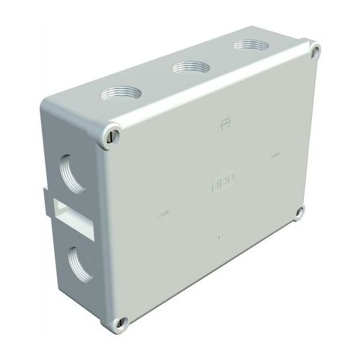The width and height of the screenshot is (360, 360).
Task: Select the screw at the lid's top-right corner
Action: coord(315,49)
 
